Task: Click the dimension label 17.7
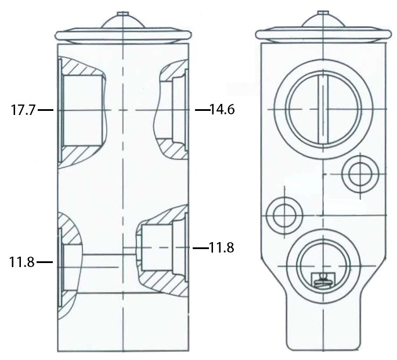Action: click(x=23, y=110)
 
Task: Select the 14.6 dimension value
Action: click(x=222, y=109)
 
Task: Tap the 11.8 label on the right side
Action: click(x=221, y=247)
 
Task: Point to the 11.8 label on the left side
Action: click(x=22, y=262)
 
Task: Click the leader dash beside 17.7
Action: click(x=46, y=110)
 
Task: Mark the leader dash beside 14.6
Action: click(x=203, y=110)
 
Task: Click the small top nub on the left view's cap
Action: click(x=123, y=14)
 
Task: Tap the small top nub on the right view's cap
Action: click(x=323, y=13)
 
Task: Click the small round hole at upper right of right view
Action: click(x=360, y=174)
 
